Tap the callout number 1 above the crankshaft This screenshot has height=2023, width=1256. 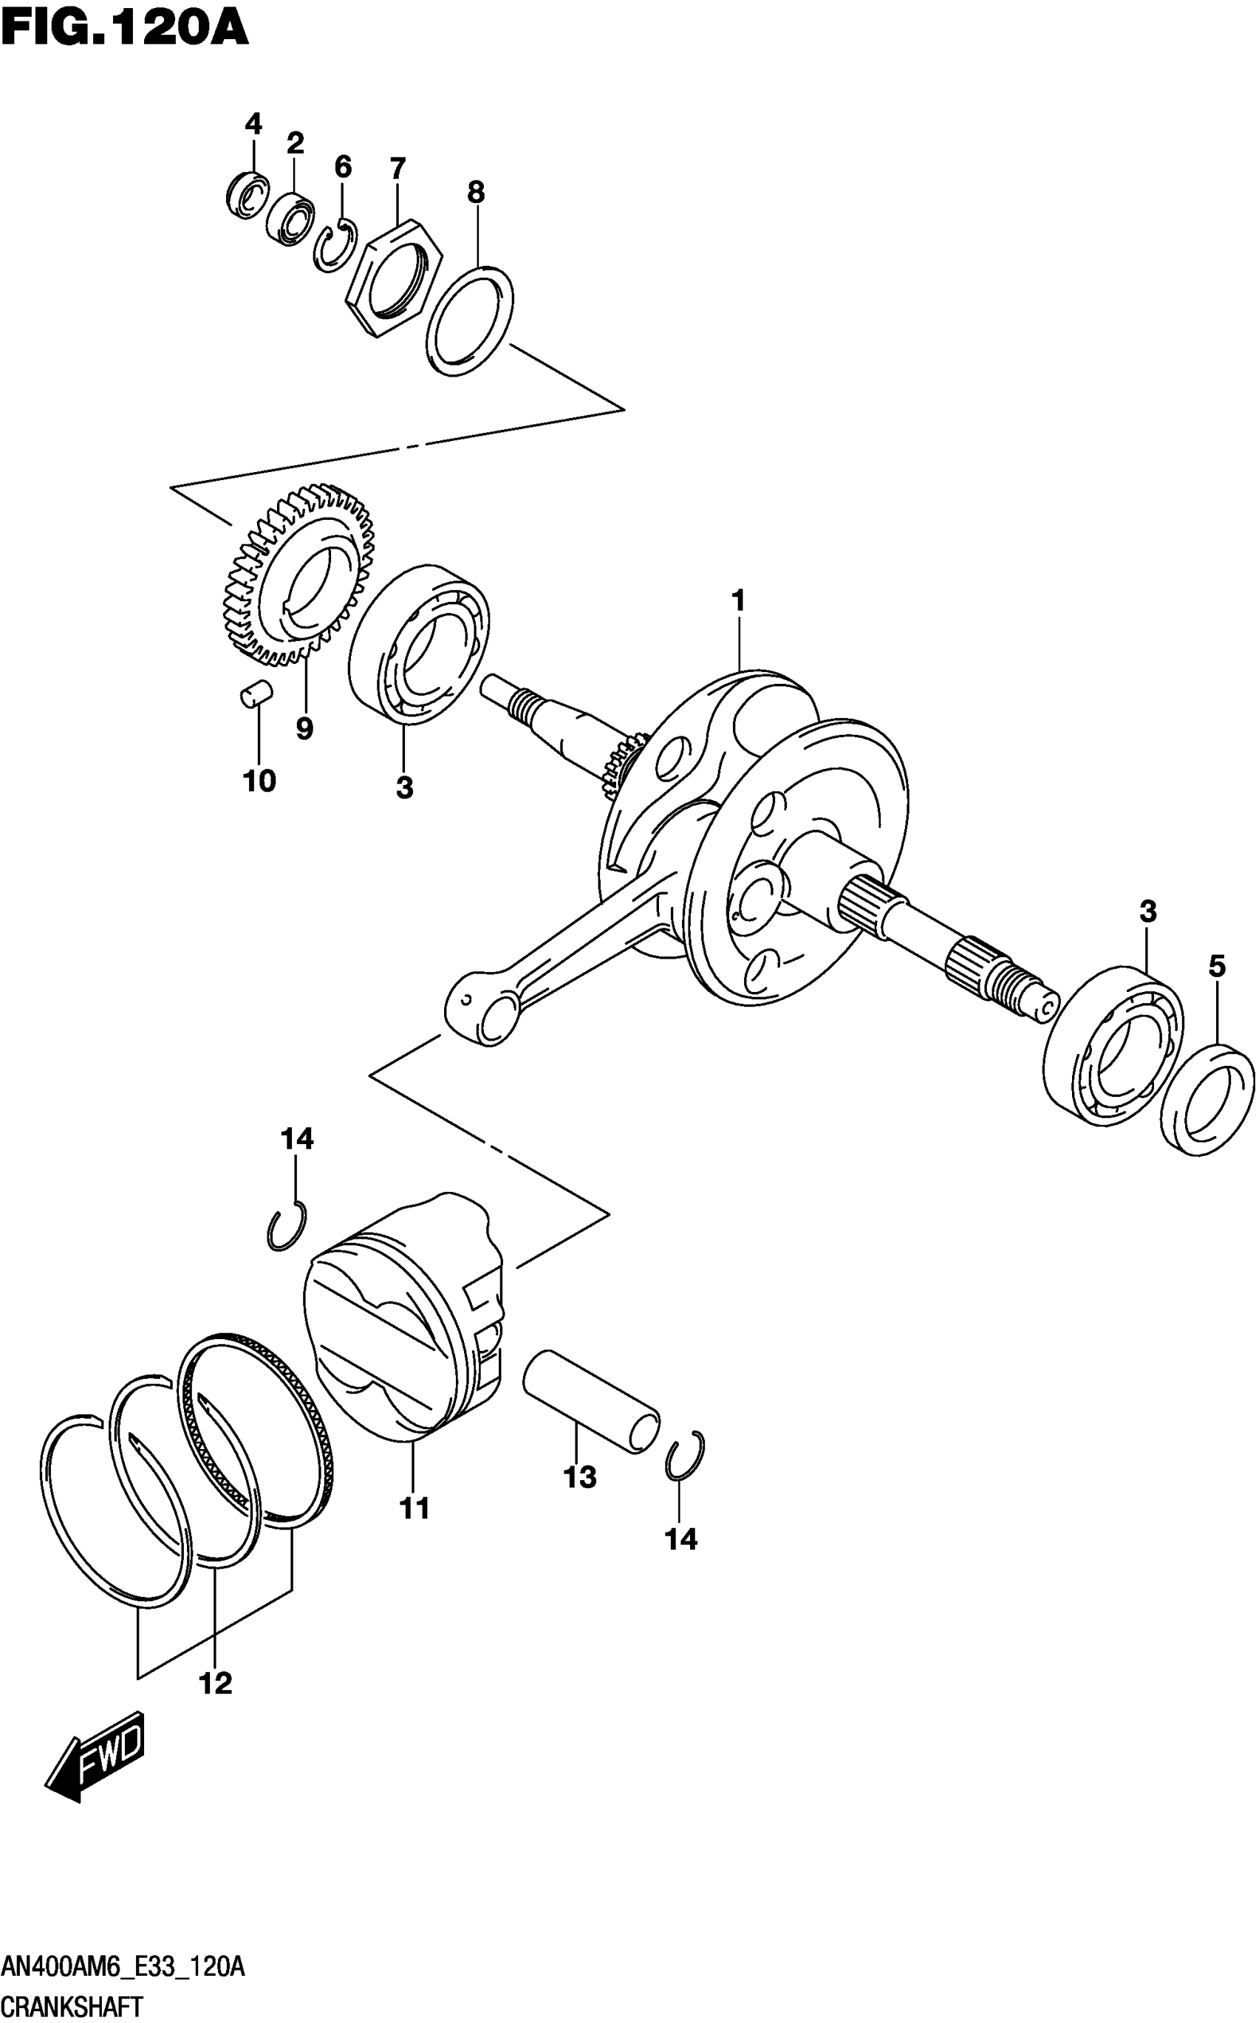click(737, 600)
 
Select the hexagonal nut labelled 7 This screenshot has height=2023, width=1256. click(392, 278)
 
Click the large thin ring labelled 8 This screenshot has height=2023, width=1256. click(469, 321)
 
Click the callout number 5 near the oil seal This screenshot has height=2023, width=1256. click(1216, 966)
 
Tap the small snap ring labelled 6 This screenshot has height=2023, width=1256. click(335, 246)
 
